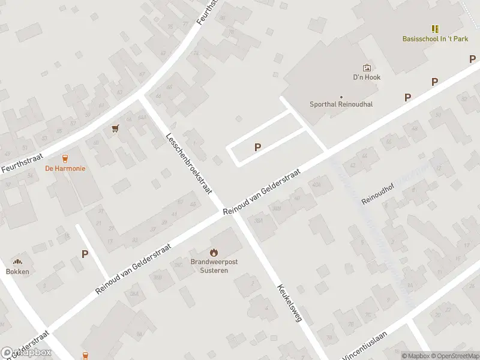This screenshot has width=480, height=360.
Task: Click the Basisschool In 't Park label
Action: (435, 39)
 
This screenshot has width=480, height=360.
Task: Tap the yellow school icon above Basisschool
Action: (435, 28)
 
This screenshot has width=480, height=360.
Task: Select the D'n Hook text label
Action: (366, 77)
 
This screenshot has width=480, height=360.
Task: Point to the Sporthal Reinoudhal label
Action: (341, 104)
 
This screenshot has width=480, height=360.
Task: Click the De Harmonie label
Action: (65, 169)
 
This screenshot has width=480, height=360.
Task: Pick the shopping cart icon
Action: (115, 128)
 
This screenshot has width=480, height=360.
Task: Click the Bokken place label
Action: (17, 271)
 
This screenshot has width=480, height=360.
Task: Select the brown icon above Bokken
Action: (17, 262)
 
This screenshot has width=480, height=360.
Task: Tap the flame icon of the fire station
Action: (214, 253)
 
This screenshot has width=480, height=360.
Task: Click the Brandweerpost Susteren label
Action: (214, 266)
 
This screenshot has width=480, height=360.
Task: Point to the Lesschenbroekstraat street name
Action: (190, 163)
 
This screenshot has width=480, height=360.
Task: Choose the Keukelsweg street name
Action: (289, 303)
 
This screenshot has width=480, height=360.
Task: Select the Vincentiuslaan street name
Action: (364, 343)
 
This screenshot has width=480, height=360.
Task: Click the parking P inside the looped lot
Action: (258, 147)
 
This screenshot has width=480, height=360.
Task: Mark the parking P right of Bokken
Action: (85, 254)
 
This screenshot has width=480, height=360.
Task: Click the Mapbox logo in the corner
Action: (26, 353)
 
